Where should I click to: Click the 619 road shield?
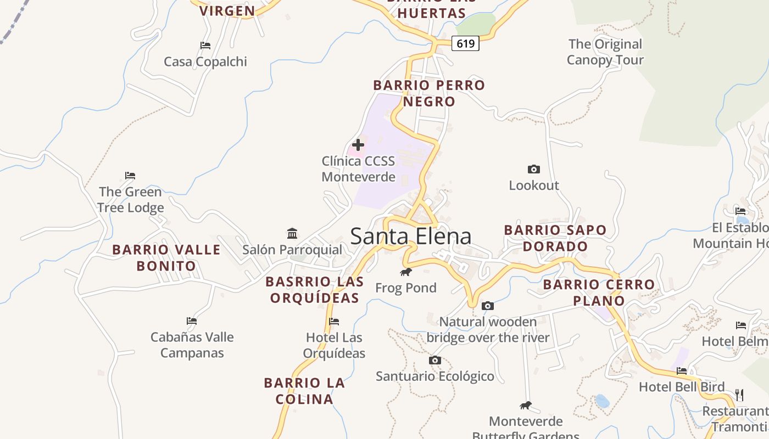(x=465, y=43)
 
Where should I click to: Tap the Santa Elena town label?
(x=410, y=237)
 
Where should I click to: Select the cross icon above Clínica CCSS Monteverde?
(x=358, y=145)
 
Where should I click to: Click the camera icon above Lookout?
(x=533, y=169)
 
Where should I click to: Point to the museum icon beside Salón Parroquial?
(x=292, y=234)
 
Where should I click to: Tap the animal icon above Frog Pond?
(x=406, y=272)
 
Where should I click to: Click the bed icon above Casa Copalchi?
(x=205, y=46)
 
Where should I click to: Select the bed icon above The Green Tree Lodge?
(x=130, y=176)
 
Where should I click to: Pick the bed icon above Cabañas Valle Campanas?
(x=192, y=321)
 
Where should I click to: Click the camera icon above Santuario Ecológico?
(x=435, y=360)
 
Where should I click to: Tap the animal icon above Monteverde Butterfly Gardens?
(x=526, y=406)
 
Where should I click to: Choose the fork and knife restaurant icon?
(x=739, y=395)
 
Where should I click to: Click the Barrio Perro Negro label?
(x=429, y=93)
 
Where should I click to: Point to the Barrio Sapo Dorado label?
(x=555, y=238)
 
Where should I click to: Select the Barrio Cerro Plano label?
(x=599, y=292)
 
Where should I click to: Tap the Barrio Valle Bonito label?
(x=166, y=258)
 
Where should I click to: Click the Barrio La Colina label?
(x=304, y=391)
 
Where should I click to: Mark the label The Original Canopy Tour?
(x=605, y=52)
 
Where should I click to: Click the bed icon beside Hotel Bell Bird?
(x=682, y=371)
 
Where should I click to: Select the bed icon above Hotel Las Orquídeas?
(x=334, y=322)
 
